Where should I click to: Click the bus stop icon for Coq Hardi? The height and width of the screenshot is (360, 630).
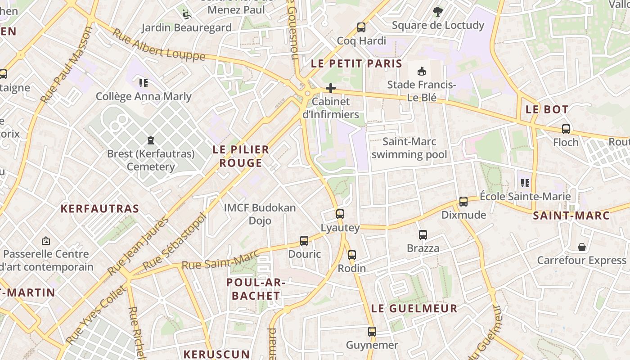coord(361,27)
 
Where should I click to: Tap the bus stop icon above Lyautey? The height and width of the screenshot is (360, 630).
coord(340,214)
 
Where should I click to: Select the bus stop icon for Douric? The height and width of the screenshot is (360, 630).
coord(304,241)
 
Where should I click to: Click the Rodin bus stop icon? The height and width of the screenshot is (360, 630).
coord(352,255)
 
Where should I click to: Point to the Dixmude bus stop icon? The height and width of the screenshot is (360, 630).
coord(463,202)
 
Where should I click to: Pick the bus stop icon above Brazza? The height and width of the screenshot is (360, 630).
coord(423,235)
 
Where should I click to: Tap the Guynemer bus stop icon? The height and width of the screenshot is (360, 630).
coord(372,332)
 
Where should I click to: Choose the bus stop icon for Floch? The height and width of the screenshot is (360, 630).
coord(566,129)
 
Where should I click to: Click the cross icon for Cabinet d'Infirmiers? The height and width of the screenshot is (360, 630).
coord(331,88)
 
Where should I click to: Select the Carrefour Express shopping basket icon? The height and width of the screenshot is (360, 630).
coord(582,247)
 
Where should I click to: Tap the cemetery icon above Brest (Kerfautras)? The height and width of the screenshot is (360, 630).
coord(151,141)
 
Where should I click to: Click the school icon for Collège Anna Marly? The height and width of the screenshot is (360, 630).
coord(144,83)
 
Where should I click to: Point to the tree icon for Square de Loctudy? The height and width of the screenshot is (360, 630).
coord(437,12)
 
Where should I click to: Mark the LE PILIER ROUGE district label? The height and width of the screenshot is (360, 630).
coord(241,156)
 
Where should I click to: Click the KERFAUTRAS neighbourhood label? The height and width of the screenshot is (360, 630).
coord(100,209)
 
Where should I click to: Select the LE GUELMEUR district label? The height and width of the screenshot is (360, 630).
coord(414,309)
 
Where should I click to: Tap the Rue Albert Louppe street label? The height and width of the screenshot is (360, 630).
coord(158,45)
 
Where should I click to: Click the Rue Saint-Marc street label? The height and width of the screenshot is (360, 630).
coord(220,260)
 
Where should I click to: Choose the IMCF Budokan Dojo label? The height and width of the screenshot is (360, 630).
coord(260,214)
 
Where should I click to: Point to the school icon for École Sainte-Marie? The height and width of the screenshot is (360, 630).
coord(525,183)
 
